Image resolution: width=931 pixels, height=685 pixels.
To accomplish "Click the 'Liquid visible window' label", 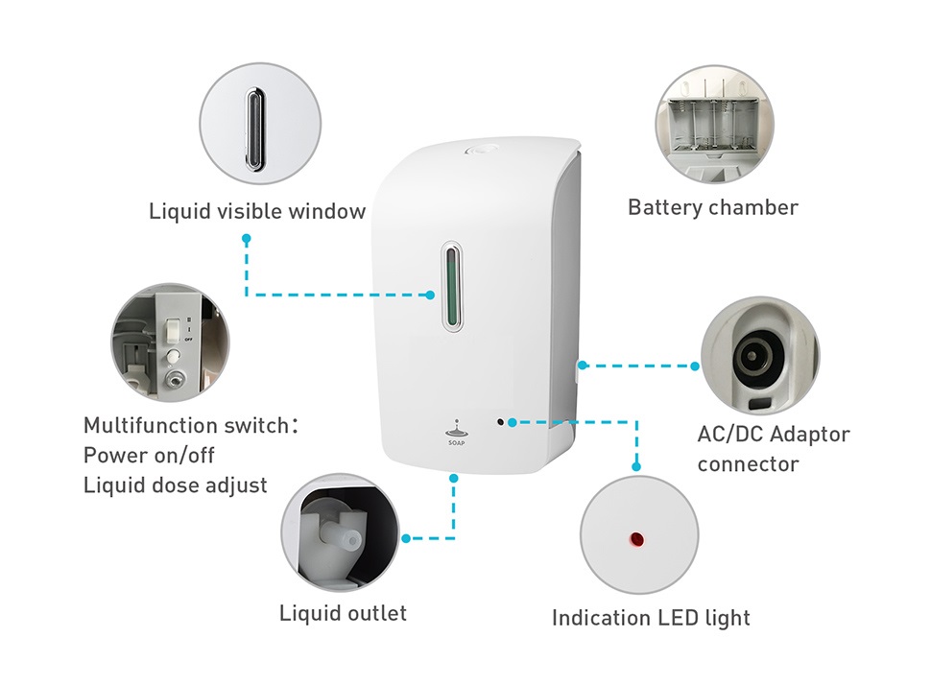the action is (257, 211).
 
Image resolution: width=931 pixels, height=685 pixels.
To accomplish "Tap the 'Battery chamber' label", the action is (713, 207).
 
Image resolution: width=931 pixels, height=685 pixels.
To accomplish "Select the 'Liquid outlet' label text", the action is (344, 613).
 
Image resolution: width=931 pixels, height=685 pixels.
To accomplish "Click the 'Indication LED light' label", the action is (652, 618).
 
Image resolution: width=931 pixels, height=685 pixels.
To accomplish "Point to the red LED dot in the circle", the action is (636, 539).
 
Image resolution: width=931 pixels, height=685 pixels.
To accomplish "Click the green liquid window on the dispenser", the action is (453, 287).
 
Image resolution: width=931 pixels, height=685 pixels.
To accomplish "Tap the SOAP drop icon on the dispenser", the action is (456, 432).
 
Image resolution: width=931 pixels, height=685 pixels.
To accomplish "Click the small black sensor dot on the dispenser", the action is (500, 422).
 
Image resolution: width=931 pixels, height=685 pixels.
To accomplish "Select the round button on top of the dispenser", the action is (478, 151).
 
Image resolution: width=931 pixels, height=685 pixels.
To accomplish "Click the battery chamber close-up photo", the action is (715, 125).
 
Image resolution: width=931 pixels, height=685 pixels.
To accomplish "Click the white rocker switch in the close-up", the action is (172, 331).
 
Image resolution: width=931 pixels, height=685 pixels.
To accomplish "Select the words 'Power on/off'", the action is (149, 456).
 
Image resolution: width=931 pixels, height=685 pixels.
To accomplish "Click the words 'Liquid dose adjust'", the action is (176, 484).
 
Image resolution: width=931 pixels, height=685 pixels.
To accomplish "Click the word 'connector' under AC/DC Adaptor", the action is (748, 463).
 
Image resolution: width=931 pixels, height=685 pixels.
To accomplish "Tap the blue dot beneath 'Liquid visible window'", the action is (247, 239).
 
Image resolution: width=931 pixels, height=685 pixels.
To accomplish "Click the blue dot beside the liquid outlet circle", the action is (406, 538).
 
